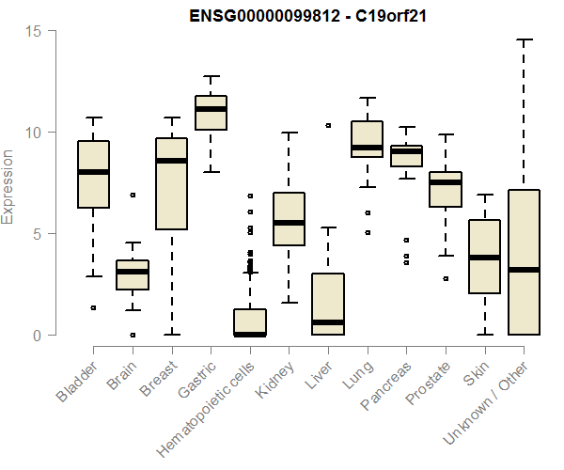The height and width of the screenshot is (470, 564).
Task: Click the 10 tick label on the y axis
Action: tap(35, 133)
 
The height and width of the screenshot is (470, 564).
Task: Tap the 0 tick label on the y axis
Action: tap(39, 336)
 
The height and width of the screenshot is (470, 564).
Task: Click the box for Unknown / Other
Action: tap(524, 262)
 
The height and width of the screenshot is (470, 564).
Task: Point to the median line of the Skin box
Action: tap(484, 258)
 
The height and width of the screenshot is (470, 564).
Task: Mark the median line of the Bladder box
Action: tap(93, 172)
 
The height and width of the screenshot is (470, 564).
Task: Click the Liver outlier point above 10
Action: tap(328, 125)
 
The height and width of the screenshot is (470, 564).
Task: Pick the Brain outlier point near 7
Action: tap(133, 196)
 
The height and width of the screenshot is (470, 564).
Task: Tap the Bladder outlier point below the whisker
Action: tap(93, 307)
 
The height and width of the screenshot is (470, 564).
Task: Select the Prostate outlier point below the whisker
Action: tap(446, 279)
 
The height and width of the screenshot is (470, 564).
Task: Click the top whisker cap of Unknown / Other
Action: tap(524, 40)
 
